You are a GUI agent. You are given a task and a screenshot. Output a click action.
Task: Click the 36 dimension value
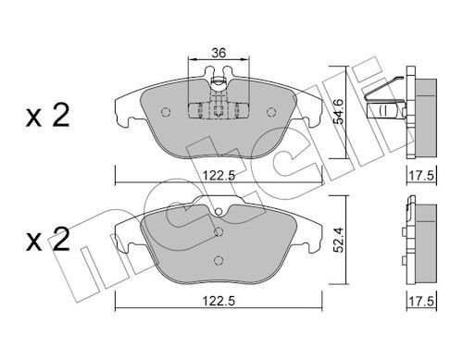pyautogui.click(x=219, y=53)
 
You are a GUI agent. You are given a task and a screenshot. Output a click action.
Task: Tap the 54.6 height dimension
pyautogui.click(x=340, y=112)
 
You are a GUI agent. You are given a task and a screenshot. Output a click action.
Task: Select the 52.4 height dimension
pyautogui.click(x=339, y=240)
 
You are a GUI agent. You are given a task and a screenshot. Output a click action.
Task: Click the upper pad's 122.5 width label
pyautogui.click(x=219, y=176)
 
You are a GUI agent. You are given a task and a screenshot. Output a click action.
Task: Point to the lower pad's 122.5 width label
pyautogui.click(x=219, y=301)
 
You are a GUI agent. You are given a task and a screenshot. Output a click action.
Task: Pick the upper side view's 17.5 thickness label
pyautogui.click(x=422, y=176)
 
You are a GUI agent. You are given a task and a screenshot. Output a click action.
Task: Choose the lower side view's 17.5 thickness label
pyautogui.click(x=422, y=301)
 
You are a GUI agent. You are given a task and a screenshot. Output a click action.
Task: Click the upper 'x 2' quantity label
pyautogui.click(x=48, y=116)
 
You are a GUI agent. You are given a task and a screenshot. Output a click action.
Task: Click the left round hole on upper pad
pyautogui.click(x=166, y=112)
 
